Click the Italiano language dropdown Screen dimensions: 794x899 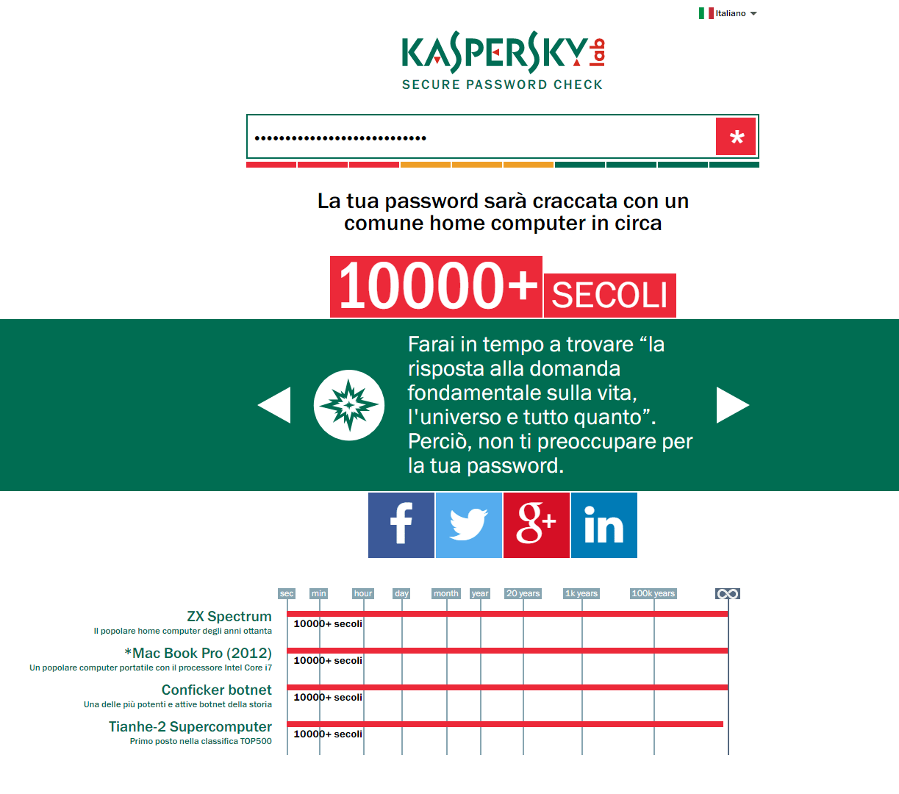[728, 13]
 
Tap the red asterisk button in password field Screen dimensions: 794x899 [736, 137]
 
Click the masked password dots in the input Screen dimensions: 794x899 [340, 137]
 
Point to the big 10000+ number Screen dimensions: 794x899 [437, 286]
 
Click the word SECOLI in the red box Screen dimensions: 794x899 [609, 296]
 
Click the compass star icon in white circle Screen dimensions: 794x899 [349, 405]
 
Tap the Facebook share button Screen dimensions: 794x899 [401, 525]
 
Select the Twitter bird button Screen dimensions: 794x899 [469, 525]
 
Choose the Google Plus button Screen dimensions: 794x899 [537, 525]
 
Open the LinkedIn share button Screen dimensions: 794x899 [604, 525]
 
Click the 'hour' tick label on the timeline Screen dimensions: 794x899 [363, 593]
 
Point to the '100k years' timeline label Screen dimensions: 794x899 [653, 593]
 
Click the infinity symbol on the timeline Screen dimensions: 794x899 [728, 593]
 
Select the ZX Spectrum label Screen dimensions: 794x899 [229, 616]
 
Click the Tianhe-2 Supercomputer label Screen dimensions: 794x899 [190, 726]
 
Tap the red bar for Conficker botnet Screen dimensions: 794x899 [507, 687]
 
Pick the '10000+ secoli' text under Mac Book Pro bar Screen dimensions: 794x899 [328, 660]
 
